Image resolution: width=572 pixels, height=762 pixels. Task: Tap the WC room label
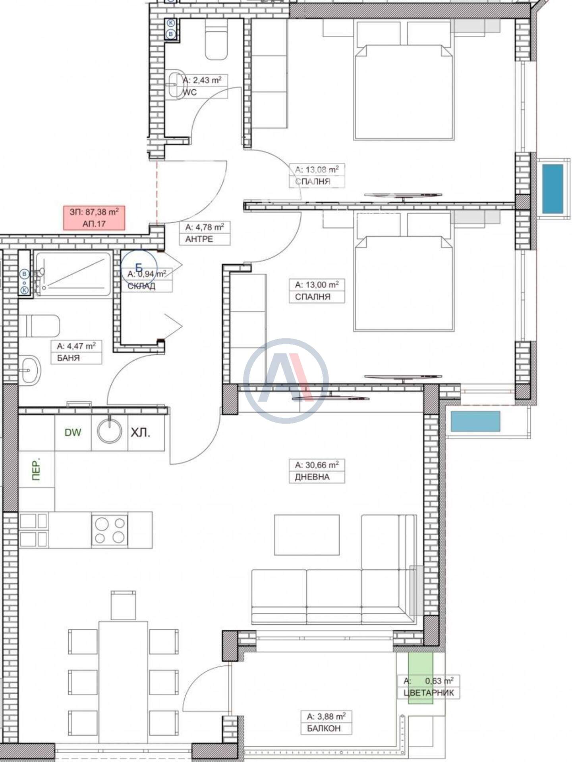(189, 92)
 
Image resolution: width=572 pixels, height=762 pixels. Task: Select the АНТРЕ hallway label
(199, 239)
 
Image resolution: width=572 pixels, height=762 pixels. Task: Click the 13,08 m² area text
(317, 170)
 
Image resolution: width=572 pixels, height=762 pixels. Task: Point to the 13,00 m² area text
(317, 285)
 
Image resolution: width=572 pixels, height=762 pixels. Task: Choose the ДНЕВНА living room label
(312, 477)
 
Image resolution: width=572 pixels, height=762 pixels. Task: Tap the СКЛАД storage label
(141, 286)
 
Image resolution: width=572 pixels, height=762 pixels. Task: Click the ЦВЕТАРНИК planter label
(429, 693)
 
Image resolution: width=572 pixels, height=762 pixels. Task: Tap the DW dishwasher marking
(73, 432)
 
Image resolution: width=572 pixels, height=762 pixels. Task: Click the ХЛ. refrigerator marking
(141, 433)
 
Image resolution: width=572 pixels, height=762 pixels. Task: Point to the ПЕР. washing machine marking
(37, 471)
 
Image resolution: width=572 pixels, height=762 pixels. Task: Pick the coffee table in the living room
(307, 535)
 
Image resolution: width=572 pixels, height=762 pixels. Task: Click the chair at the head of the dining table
(123, 605)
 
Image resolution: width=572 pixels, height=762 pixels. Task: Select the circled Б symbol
(139, 268)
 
